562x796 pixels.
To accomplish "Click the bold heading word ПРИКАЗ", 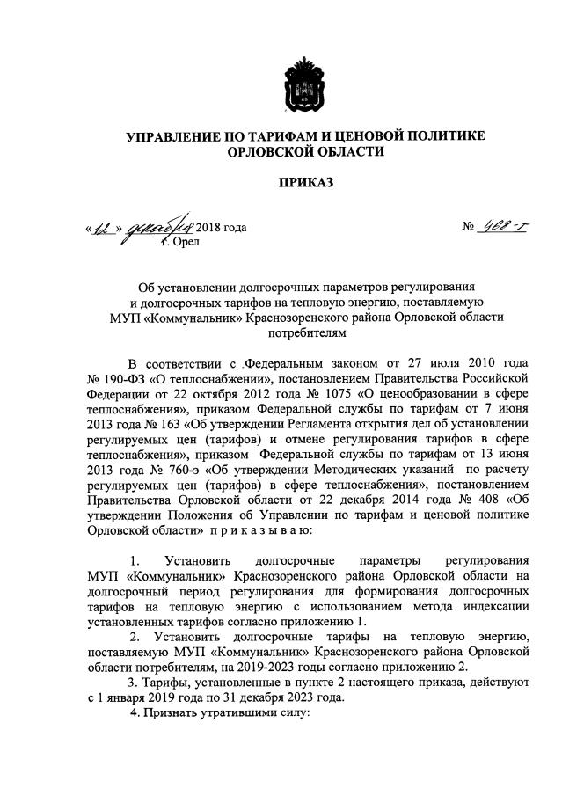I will click(x=304, y=183).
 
